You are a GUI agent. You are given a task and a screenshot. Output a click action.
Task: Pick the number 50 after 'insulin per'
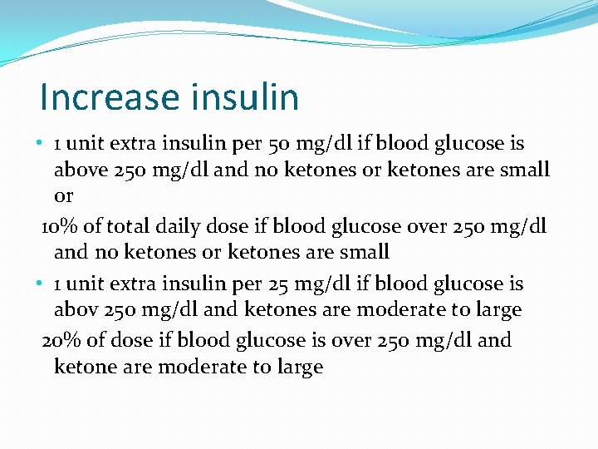coord(280,144)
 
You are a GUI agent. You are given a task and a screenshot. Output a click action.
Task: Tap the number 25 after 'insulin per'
coord(279,284)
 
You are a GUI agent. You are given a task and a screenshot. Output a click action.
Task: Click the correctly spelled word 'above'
coord(78,170)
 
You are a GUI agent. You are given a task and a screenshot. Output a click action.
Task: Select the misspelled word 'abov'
coord(75,310)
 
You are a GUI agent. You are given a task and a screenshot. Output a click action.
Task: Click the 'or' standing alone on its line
coord(63,197)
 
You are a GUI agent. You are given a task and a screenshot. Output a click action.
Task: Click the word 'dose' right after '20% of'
coord(126,340)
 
